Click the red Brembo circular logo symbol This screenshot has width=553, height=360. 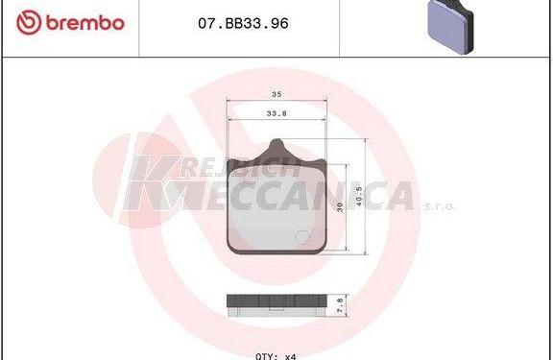point(29,22)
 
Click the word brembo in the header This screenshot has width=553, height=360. point(85,23)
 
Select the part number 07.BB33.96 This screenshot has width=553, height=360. point(243,24)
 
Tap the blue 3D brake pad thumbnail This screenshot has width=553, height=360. point(450,27)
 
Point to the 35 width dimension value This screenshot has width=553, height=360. point(276,94)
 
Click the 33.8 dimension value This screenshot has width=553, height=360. point(276,113)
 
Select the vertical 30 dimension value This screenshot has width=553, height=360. point(340,207)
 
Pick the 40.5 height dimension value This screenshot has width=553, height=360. point(359,197)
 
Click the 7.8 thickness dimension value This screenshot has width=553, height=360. point(340,305)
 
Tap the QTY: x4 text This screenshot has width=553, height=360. point(276,356)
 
